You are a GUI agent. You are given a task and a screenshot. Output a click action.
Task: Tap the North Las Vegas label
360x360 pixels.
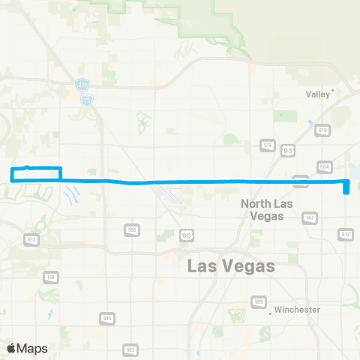pyautogui.click(x=262, y=209)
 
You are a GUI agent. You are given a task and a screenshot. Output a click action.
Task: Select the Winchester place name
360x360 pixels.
pyautogui.click(x=297, y=309)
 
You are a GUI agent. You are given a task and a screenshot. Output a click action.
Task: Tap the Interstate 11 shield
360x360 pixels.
pyautogui.click(x=89, y=99)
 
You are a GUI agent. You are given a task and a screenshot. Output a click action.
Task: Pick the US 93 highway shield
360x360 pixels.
pyautogui.click(x=288, y=151)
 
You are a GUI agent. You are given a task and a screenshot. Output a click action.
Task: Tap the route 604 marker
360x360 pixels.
pyautogui.click(x=324, y=166)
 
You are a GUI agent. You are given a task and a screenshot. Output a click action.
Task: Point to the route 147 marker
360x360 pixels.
pyautogui.click(x=309, y=217)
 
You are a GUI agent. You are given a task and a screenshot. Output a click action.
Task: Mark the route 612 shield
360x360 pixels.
pyautogui.click(x=345, y=234)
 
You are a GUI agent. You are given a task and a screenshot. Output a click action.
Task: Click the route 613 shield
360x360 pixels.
pyautogui.click(x=31, y=239)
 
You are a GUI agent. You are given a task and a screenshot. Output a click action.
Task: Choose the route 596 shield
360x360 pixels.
pyautogui.click(x=132, y=229)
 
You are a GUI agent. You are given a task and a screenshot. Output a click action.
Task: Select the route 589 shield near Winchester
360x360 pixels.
pyautogui.click(x=258, y=301)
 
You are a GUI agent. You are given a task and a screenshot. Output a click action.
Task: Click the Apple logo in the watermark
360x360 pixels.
pyautogui.click(x=11, y=348)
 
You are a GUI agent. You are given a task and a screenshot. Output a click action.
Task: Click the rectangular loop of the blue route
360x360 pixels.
pyautogui.click(x=35, y=173)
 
